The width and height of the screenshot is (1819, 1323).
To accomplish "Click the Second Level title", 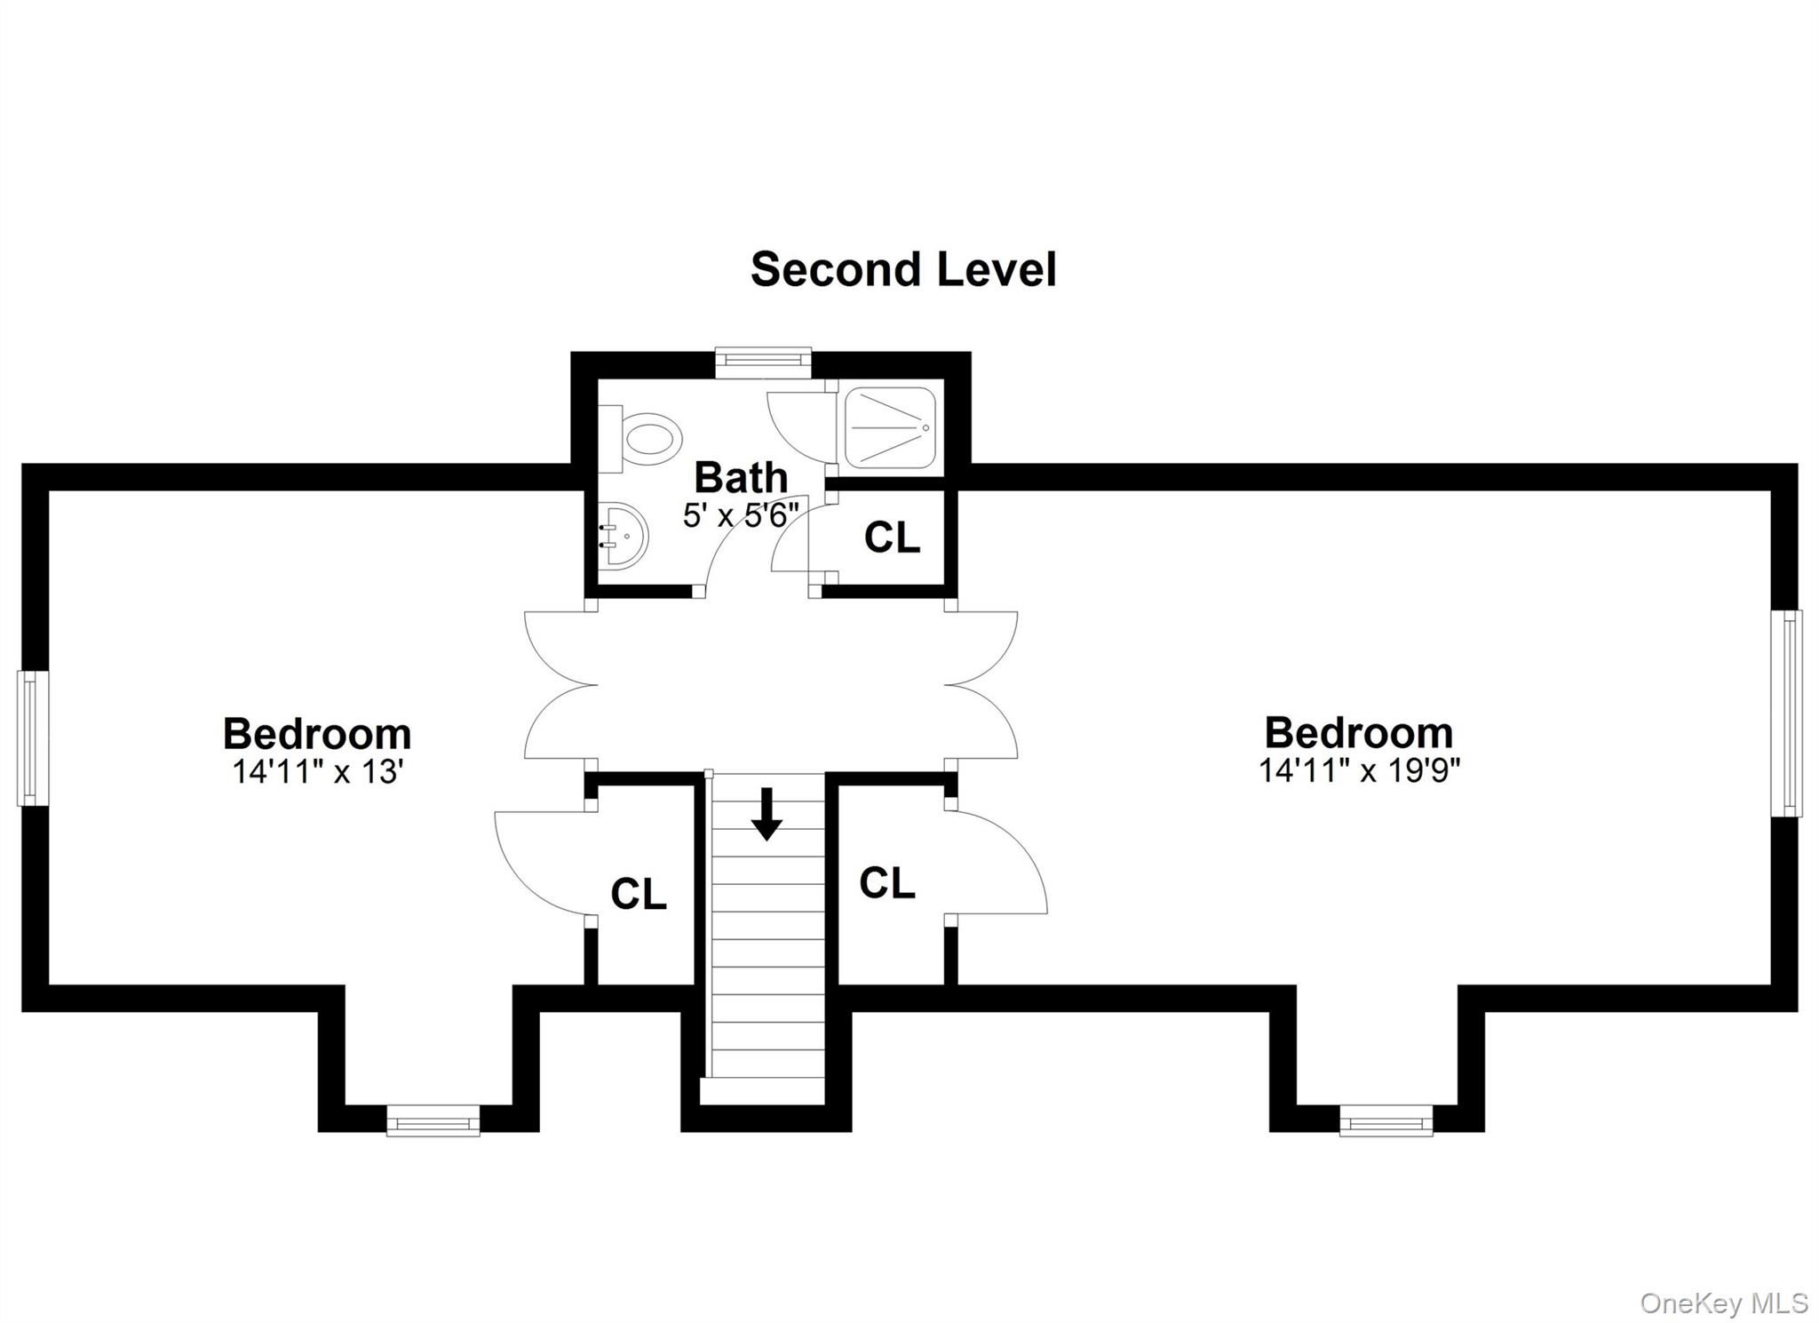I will (903, 269).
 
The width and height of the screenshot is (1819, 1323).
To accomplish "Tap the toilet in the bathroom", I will (645, 438).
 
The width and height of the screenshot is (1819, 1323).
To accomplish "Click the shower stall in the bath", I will (889, 427).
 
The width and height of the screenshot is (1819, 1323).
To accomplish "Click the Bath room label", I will (740, 478).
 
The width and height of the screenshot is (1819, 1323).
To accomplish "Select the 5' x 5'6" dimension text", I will (741, 514).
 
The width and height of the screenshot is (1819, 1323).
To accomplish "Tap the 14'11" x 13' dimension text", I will (318, 771).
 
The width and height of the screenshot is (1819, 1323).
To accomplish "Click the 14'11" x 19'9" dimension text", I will (1359, 769).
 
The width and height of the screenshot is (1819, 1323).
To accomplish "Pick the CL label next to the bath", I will (892, 538).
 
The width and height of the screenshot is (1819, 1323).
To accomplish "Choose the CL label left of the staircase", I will (639, 894).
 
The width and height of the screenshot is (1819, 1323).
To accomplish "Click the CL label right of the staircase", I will (886, 883).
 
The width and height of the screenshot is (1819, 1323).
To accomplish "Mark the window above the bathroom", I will (764, 357).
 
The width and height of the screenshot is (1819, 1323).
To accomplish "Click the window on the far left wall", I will (32, 737).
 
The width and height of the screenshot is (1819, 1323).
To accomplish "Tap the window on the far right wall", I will (1786, 713).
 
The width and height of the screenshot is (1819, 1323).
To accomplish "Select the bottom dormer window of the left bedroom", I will (433, 1120).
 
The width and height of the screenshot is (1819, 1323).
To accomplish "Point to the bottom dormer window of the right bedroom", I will (1386, 1120).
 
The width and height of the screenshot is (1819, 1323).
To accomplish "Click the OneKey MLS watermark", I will (1723, 1303).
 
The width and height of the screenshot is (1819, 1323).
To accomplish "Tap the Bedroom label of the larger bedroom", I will (1359, 733).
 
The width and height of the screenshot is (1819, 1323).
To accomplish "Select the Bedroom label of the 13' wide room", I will (317, 735).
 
